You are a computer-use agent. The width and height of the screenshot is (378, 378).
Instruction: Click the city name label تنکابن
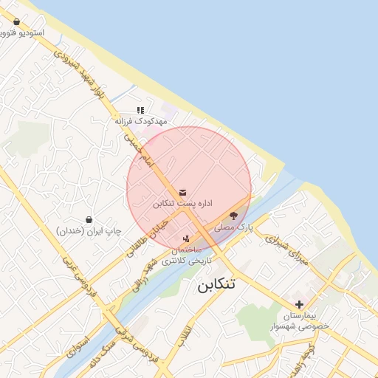[x=216, y=286]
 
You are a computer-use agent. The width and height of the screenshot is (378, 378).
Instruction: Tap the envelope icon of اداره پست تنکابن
[x=182, y=192]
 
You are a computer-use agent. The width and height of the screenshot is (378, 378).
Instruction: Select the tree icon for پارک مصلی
[x=234, y=216]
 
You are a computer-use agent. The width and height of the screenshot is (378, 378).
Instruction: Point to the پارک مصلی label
[x=234, y=228]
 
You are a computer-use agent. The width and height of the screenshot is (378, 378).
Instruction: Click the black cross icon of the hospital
[x=299, y=304]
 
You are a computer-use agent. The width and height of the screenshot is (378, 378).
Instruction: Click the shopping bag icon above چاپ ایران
[x=89, y=220]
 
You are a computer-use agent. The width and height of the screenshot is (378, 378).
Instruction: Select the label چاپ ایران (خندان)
[x=89, y=231]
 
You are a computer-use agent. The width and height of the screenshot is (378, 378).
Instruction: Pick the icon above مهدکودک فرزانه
[x=140, y=110]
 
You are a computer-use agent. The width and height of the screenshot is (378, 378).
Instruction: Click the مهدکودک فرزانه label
[x=141, y=120]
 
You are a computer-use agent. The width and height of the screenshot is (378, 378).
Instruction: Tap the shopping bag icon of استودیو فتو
[x=16, y=22]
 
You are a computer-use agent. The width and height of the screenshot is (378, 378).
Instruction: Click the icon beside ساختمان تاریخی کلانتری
[x=186, y=238]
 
